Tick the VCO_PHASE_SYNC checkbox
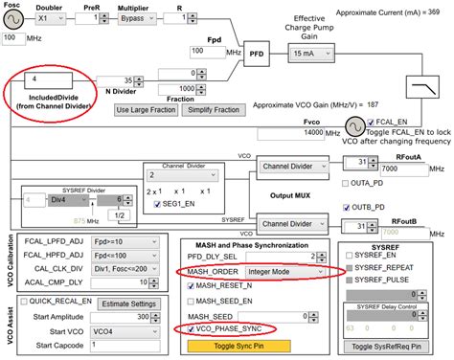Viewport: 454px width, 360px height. click(x=191, y=328)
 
